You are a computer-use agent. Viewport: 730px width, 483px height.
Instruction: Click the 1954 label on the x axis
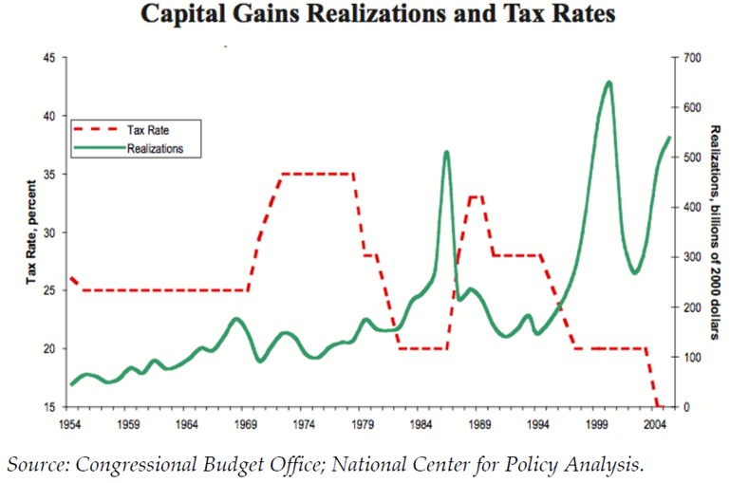(x=69, y=424)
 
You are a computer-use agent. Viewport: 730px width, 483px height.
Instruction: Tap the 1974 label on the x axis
(x=305, y=424)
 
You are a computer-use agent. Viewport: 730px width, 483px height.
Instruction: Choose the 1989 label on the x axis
(x=480, y=424)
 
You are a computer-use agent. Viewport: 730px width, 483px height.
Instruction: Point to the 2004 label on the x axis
(x=657, y=424)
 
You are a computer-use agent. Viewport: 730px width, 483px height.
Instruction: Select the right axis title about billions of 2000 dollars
(x=714, y=232)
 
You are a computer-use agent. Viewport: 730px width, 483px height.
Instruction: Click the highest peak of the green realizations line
(x=608, y=83)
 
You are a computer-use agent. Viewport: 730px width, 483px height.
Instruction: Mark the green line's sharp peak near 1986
(x=446, y=152)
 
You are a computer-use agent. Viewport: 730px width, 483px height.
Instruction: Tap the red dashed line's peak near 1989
(x=477, y=196)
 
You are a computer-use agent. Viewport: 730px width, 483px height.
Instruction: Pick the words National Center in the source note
(x=426, y=464)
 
